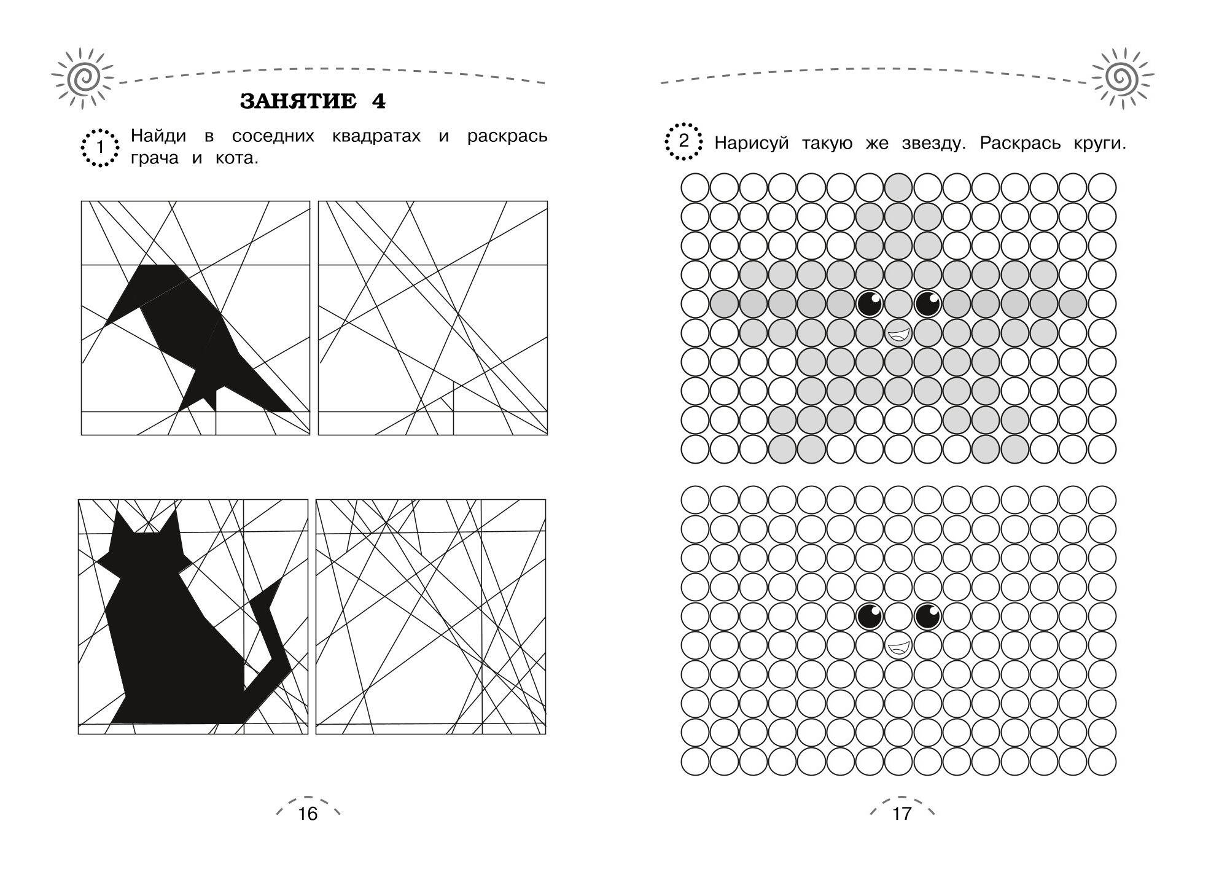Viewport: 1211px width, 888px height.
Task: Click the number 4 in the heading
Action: pyautogui.click(x=378, y=101)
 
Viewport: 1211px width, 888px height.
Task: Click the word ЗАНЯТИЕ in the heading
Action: pyautogui.click(x=298, y=101)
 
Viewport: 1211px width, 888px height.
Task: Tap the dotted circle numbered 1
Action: pyautogui.click(x=99, y=147)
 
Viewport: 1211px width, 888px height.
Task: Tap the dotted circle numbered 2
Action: pyautogui.click(x=683, y=142)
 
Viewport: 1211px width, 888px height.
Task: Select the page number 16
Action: pyautogui.click(x=308, y=814)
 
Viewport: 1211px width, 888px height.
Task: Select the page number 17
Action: pyautogui.click(x=901, y=814)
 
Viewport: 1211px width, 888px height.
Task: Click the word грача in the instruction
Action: pyautogui.click(x=154, y=158)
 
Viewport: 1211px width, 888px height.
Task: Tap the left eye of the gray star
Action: pyautogui.click(x=870, y=303)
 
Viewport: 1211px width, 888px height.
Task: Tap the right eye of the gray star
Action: pyautogui.click(x=928, y=303)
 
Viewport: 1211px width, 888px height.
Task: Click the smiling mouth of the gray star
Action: pyautogui.click(x=898, y=335)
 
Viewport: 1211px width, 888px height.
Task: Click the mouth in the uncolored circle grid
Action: pyautogui.click(x=898, y=646)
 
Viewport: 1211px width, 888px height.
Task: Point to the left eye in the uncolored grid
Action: pyautogui.click(x=870, y=616)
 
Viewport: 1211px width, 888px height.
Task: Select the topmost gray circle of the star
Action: pyautogui.click(x=898, y=187)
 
